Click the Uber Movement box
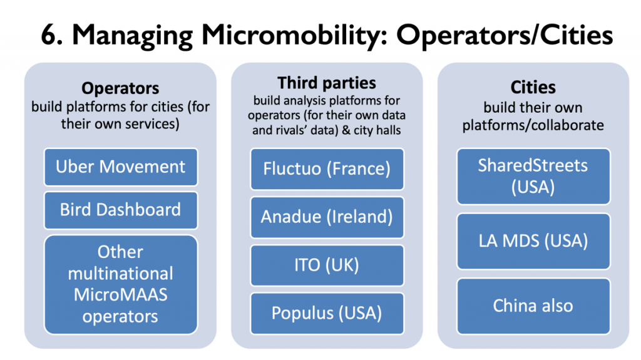121,167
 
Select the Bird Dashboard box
121,210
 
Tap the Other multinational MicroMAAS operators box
121,284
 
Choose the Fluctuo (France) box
327,169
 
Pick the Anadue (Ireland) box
327,217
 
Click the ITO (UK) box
327,265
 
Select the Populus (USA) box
327,314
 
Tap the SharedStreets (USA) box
533,177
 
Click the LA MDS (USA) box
533,242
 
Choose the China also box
533,306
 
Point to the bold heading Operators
120,88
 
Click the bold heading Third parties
327,83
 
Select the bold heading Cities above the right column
533,87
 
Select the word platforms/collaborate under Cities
533,125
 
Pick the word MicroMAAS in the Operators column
121,295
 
